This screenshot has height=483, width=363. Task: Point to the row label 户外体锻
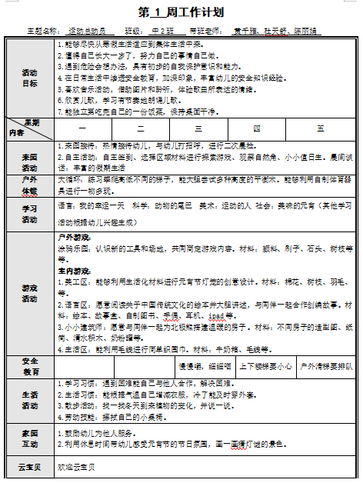29,185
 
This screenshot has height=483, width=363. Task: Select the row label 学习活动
29,212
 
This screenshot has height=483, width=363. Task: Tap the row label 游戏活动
29,293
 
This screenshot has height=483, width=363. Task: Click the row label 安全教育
29,366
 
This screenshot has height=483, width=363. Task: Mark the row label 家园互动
29,440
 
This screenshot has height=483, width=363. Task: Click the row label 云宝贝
29,467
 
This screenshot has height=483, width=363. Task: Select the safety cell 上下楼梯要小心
265,366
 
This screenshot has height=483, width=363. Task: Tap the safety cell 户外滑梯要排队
325,366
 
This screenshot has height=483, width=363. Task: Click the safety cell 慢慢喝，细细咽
205,366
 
